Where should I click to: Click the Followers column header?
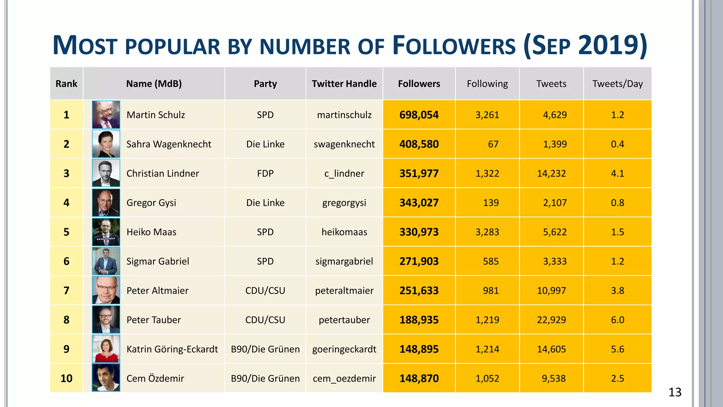coord(419,84)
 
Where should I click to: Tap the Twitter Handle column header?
coord(344,84)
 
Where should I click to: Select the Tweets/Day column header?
coord(617,84)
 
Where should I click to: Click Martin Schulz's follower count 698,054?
coord(419,115)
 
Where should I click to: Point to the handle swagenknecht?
coord(344,144)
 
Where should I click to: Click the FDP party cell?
coord(265,173)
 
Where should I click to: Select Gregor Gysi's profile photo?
coord(106,202)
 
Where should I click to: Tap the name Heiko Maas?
coord(151,232)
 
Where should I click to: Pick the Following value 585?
coord(490,261)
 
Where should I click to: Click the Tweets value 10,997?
coord(551,291)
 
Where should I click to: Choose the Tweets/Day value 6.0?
coord(617,320)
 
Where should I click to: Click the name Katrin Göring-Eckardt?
coord(172,349)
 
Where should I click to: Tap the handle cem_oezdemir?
coord(344,379)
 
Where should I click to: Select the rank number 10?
coord(66,379)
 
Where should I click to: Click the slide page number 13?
coord(675,393)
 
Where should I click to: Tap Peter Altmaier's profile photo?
coord(106,290)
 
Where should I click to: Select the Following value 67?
coord(493,144)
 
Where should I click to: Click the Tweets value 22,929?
coord(551,320)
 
